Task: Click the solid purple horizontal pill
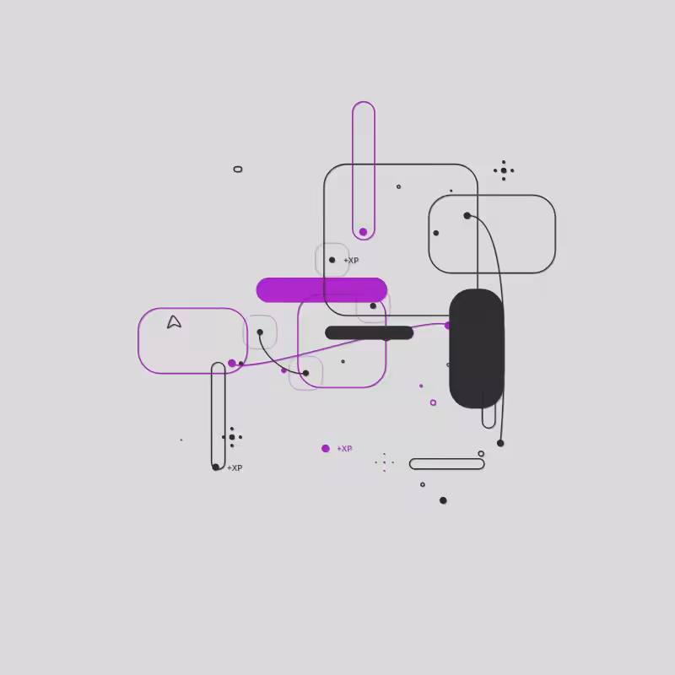(x=321, y=289)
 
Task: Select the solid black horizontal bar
(x=369, y=332)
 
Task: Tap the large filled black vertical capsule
(x=476, y=348)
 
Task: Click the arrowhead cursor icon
(x=174, y=322)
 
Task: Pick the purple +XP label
(x=344, y=449)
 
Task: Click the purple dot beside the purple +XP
(x=326, y=449)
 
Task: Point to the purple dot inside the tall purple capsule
(x=363, y=232)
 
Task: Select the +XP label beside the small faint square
(x=351, y=261)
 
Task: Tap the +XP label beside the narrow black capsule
(x=235, y=468)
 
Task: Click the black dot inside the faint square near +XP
(x=332, y=260)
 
